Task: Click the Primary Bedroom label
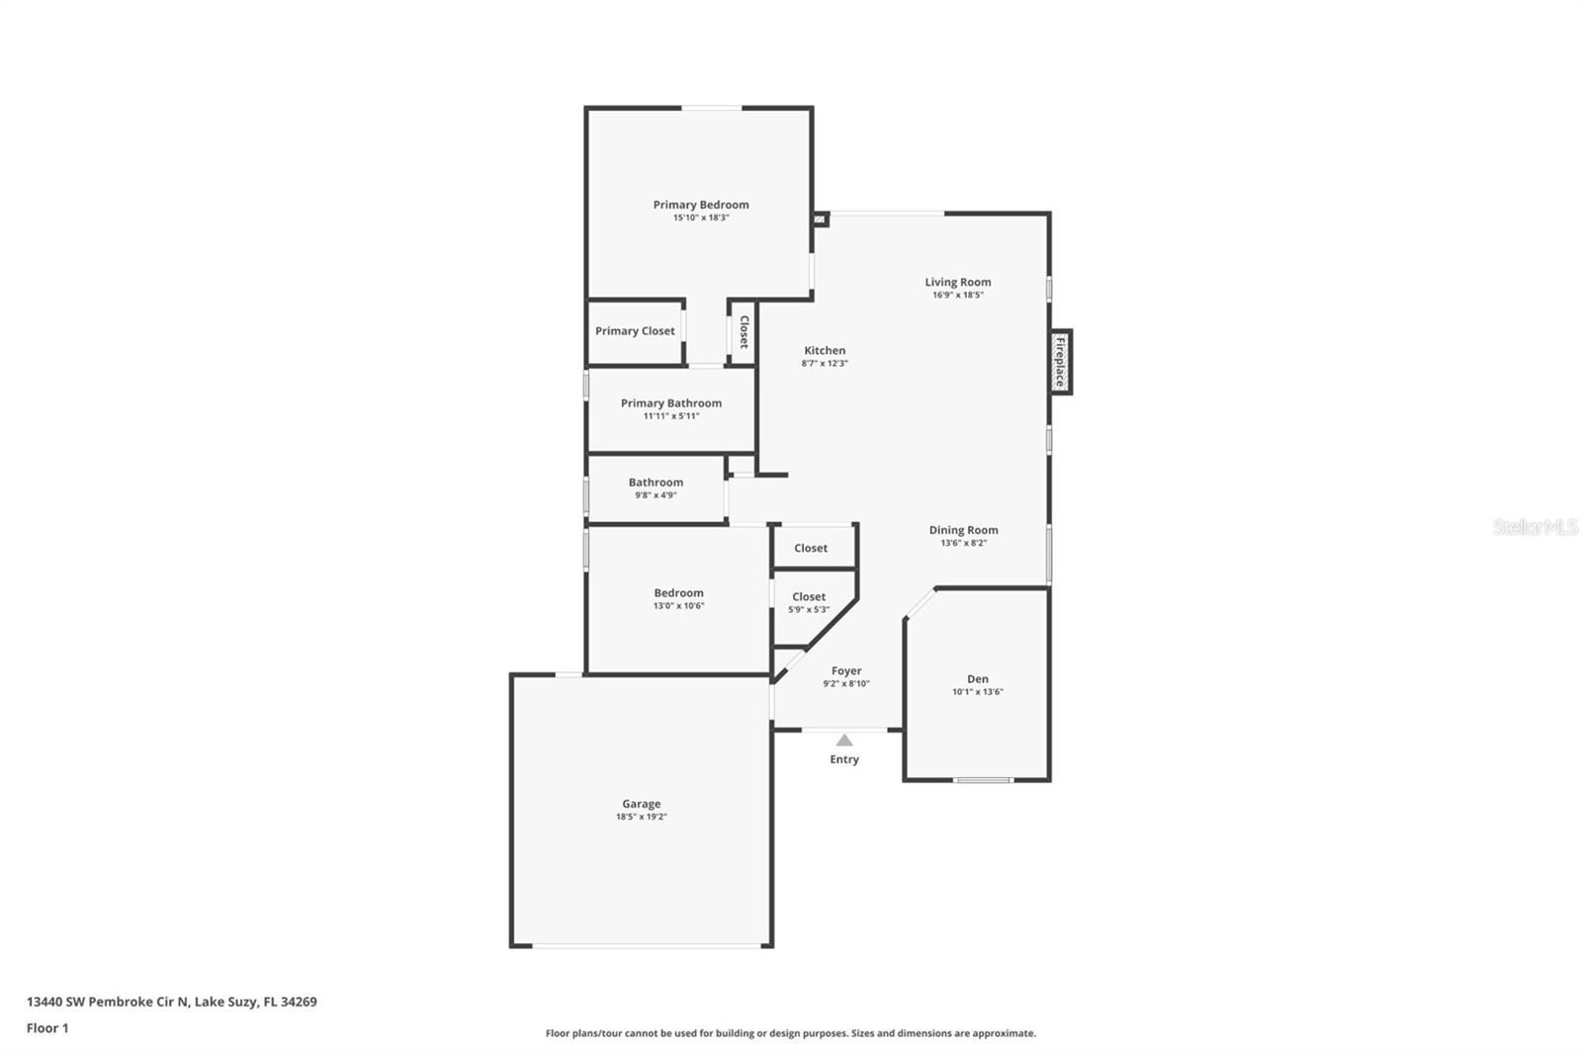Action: tap(700, 205)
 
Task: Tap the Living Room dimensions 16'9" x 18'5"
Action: tap(957, 295)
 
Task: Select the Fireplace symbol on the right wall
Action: tap(1060, 362)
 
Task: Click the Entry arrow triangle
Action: tap(844, 740)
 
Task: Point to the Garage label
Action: tap(641, 804)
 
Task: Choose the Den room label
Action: tap(977, 679)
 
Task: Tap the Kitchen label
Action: tap(824, 350)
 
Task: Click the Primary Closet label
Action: tap(635, 331)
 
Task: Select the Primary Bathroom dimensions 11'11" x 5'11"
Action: tap(670, 416)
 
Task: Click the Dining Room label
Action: tap(963, 530)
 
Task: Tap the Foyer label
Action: tap(845, 670)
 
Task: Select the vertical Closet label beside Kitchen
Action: tap(744, 332)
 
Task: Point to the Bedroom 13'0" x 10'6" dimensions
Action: tap(678, 606)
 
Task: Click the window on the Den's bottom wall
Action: tap(982, 780)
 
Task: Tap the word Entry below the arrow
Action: tap(843, 759)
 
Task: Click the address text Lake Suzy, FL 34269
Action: tap(255, 1002)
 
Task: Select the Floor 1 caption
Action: tap(47, 1028)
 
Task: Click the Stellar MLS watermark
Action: tap(1535, 527)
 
